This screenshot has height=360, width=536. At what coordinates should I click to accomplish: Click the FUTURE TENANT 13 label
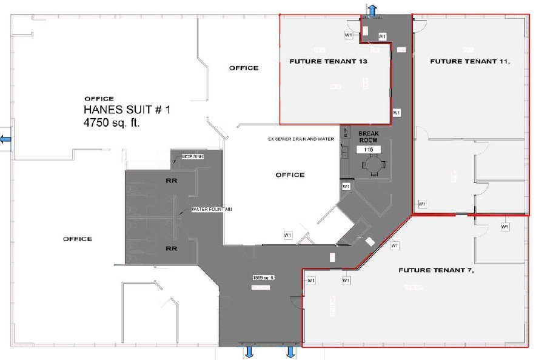[329, 61]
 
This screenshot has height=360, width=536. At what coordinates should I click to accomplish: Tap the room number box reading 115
[367, 149]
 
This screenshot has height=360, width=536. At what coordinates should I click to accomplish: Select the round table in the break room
[369, 165]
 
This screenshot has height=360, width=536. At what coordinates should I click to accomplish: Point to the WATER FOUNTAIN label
[212, 210]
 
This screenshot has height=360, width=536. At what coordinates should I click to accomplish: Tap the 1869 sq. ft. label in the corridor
[264, 277]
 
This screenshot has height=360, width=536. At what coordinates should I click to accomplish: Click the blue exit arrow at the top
[372, 10]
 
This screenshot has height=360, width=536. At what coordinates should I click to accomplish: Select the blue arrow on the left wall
[5, 139]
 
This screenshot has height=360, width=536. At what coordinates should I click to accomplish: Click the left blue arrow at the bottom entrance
[249, 352]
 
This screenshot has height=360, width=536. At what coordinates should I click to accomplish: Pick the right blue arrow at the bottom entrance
[290, 352]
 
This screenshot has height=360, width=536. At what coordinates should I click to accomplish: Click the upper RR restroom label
[171, 180]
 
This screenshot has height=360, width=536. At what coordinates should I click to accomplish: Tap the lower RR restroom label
[171, 248]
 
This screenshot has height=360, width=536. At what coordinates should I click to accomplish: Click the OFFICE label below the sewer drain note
[290, 175]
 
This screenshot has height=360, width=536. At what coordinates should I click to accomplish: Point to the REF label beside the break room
[346, 132]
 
